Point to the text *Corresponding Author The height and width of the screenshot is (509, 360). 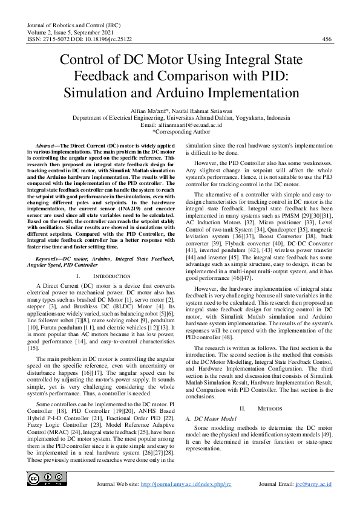(x=180, y=131)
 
